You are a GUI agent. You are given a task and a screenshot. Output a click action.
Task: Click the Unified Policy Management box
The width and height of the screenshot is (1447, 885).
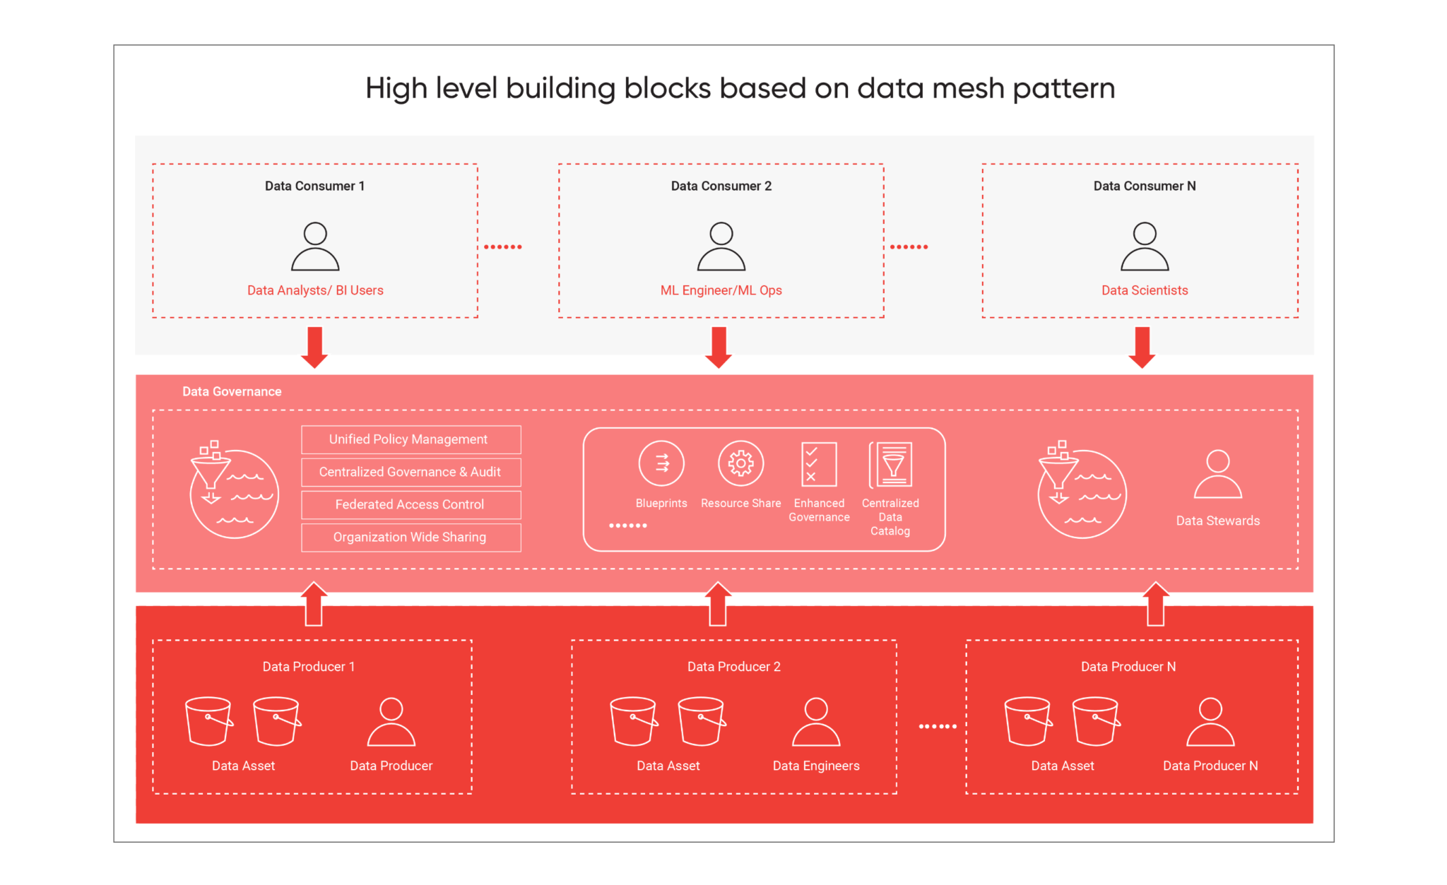pos(411,439)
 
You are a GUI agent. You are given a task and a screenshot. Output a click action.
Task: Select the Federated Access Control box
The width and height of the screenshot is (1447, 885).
pos(411,504)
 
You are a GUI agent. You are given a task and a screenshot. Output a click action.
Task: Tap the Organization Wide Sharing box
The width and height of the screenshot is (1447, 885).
pos(411,537)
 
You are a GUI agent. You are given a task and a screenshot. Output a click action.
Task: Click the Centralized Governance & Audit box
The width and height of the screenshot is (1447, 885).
pos(411,472)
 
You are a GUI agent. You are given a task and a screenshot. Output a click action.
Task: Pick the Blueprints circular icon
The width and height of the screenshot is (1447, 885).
pos(661,463)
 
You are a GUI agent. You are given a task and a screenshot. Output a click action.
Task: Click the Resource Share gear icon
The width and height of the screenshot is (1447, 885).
pos(740,463)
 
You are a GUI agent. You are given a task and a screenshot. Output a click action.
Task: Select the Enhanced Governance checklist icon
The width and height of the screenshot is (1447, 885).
pos(819,464)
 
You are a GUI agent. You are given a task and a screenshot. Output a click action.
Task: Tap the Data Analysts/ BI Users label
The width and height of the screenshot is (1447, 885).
pos(315,290)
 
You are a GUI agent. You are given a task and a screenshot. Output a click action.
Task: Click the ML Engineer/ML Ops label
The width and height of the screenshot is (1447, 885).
pos(721,290)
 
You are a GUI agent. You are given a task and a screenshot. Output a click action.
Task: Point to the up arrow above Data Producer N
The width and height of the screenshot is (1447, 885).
pos(1156,604)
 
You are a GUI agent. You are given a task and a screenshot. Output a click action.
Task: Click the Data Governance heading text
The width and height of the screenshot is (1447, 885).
pos(232,391)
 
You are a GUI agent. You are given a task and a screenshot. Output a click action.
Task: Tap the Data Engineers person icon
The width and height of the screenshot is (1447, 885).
pos(816,722)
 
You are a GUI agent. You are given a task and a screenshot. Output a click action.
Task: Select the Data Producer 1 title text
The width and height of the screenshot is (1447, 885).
pos(309,666)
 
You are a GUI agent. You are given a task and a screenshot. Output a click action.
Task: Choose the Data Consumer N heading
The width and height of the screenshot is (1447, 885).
pos(1145,186)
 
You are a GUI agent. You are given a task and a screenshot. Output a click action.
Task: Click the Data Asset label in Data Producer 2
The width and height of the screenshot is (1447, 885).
pos(668,766)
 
